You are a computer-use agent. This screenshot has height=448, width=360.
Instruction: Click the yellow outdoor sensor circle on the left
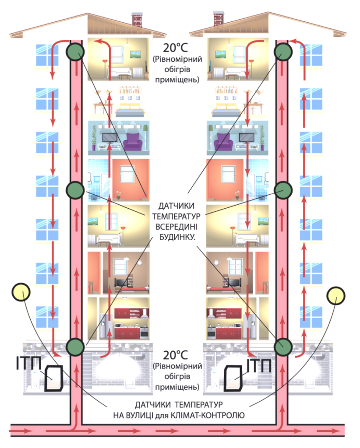pos(21,292)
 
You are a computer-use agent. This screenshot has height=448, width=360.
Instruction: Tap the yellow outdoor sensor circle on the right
pos(336,296)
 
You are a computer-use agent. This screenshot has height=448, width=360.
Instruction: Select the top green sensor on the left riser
pos(75,52)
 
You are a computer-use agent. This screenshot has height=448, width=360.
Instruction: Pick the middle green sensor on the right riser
pos(283,190)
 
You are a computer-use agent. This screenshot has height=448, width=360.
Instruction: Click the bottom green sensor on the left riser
pos(75,346)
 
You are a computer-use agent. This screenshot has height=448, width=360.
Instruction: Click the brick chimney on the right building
pos(219,18)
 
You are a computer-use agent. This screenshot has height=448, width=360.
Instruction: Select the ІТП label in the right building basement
pos(259,365)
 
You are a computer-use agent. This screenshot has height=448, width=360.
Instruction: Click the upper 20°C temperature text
pos(175,48)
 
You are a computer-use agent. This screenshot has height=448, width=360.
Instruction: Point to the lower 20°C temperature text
pos(175,355)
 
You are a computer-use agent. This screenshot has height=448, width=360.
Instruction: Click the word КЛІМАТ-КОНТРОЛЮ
pos(207,415)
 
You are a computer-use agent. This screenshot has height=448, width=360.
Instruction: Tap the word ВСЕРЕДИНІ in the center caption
pos(176,227)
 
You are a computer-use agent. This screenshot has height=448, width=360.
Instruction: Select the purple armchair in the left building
pos(132,142)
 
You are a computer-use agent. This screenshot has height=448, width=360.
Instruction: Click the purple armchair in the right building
pos(223,142)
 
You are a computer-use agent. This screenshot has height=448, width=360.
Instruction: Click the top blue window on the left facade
pos(47,55)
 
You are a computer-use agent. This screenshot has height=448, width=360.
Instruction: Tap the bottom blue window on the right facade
pos(311,317)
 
